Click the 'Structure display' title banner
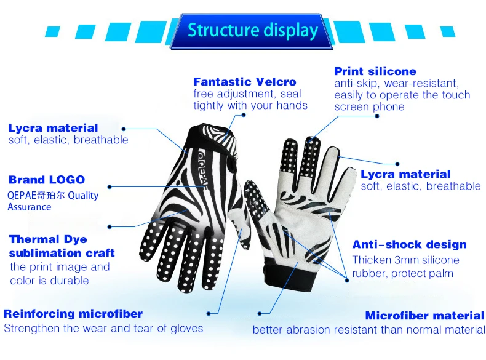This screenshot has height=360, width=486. (x=252, y=30)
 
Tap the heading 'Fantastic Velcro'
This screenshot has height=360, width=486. (x=244, y=82)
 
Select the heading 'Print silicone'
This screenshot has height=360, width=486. (x=375, y=71)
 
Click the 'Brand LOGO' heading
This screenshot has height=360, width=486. (x=47, y=180)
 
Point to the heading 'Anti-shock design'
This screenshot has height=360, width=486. (x=409, y=244)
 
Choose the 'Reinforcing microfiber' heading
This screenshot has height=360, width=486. (x=73, y=314)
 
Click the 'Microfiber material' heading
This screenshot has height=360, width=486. (x=424, y=316)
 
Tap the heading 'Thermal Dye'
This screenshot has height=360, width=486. (x=48, y=239)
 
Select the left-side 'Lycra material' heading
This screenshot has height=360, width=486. (x=53, y=128)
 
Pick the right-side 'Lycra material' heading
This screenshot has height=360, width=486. (x=405, y=174)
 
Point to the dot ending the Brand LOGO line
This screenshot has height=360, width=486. (x=109, y=185)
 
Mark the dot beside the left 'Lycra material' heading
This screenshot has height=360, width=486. (x=124, y=129)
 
